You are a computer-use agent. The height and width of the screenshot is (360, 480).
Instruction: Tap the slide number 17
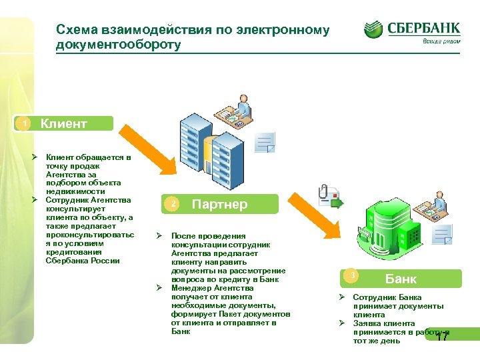[x=441, y=337]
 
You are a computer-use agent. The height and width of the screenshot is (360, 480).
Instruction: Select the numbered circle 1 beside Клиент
[x=25, y=124]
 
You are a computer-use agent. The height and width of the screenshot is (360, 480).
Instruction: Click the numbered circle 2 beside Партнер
[x=172, y=204]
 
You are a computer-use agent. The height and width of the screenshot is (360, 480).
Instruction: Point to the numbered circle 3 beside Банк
[x=354, y=276]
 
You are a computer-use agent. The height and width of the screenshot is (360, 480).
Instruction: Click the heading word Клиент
[x=64, y=123]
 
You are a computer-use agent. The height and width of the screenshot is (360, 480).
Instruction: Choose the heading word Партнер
[x=219, y=204]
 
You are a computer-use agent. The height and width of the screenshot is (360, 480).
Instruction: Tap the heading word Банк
[x=401, y=279]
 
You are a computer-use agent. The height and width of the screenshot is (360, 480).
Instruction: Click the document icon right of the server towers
[x=265, y=142]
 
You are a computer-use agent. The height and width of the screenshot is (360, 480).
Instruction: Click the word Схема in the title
[x=77, y=30]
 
